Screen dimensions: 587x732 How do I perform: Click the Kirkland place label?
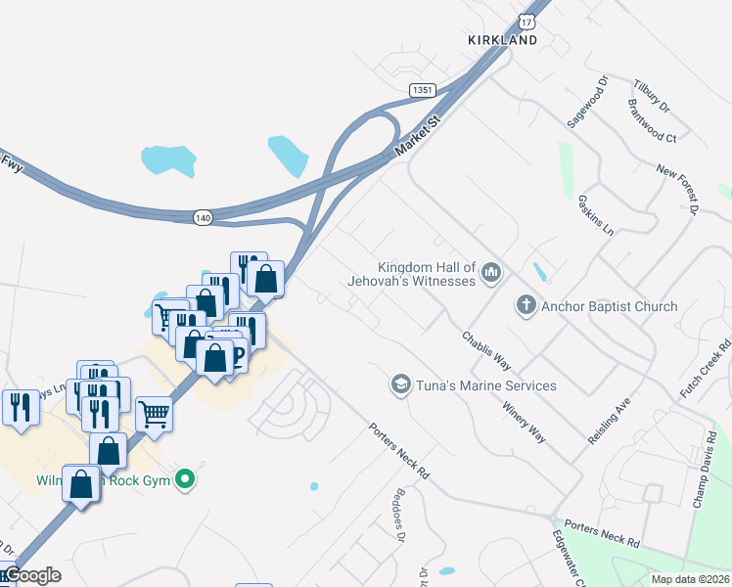[x=502, y=40]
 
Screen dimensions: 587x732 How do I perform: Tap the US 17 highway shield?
[x=527, y=21]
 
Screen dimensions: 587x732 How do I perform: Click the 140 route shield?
[x=203, y=215]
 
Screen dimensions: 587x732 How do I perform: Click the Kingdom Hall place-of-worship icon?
[x=491, y=273]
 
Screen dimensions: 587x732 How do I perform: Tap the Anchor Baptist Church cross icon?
[x=526, y=306]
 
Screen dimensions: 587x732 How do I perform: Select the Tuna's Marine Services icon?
[x=400, y=385]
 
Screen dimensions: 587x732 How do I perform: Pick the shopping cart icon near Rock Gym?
[x=155, y=415]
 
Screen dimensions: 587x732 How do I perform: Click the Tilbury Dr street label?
[x=651, y=94]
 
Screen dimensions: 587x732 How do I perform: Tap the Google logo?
[x=31, y=574]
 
